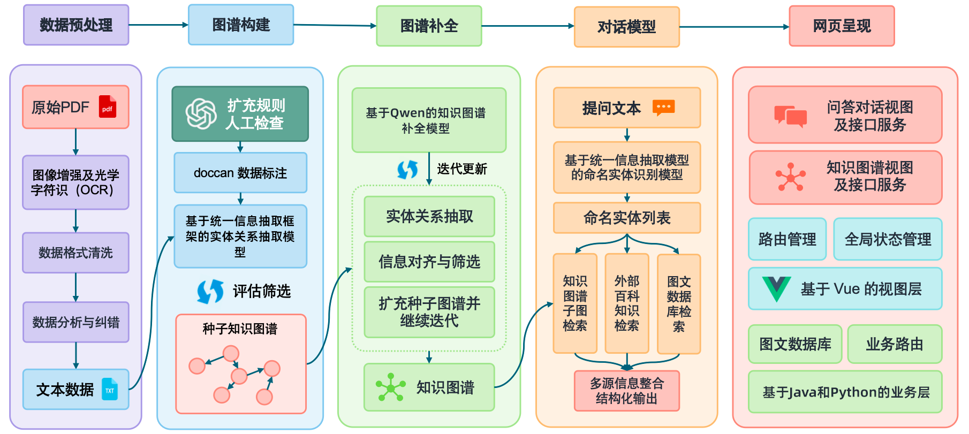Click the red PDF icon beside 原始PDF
click(108, 107)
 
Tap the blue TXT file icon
click(110, 389)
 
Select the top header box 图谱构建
click(241, 25)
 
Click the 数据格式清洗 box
click(75, 253)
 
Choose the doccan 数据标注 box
click(240, 173)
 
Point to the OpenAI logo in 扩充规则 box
click(201, 113)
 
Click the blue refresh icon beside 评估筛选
click(210, 292)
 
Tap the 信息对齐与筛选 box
click(429, 262)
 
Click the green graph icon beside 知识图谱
click(390, 387)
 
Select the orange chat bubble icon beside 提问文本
click(664, 108)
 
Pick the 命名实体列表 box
click(627, 218)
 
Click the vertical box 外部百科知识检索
click(627, 303)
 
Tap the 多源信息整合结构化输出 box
click(627, 391)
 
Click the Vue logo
click(776, 289)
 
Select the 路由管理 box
click(787, 239)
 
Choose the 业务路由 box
click(895, 344)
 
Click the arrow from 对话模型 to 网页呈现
click(734, 27)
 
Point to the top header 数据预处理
click(76, 25)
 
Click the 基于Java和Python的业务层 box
click(845, 392)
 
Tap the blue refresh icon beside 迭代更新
click(407, 170)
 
